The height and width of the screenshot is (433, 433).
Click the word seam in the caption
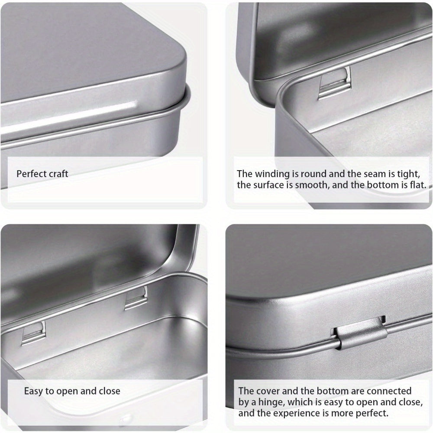click(x=375, y=174)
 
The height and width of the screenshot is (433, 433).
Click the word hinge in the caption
click(x=271, y=402)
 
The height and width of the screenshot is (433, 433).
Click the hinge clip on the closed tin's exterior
click(x=359, y=333)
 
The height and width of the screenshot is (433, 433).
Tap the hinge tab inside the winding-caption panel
click(x=335, y=83)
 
